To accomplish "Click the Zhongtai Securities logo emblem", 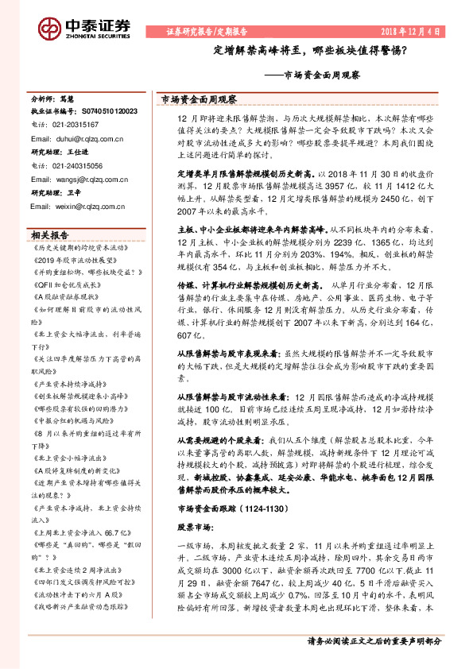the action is point(49,30).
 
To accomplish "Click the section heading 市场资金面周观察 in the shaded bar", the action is point(200,100).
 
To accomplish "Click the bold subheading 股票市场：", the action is point(194,503).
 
